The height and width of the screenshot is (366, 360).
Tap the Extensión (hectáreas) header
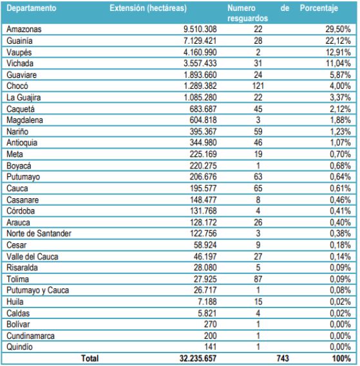tap(148, 9)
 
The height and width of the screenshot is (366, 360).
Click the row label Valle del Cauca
tap(32, 255)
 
